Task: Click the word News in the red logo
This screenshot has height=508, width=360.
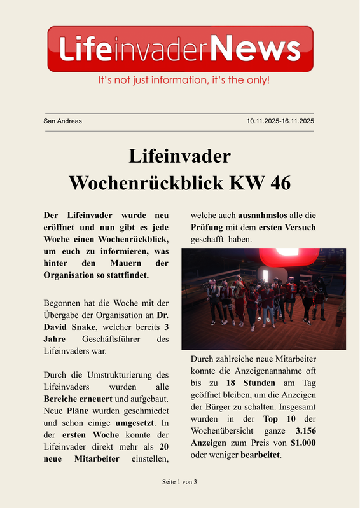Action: tap(254, 48)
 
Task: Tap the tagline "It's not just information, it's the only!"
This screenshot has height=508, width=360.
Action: tap(183, 81)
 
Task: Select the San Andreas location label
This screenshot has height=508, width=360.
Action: tap(62, 121)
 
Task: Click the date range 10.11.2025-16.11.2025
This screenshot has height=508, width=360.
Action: tap(280, 121)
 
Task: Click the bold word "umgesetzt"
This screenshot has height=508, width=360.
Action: tap(134, 422)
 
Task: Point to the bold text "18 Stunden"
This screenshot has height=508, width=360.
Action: tap(251, 383)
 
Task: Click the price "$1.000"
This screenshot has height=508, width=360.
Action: tap(303, 443)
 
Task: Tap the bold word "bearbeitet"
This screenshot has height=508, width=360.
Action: tap(260, 455)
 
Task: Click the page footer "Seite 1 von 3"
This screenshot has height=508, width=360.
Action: tap(179, 482)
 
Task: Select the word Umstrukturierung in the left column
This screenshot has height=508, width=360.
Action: tap(109, 374)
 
